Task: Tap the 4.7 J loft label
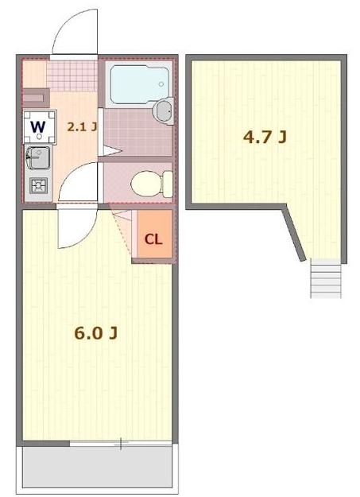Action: [x=265, y=137]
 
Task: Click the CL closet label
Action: [x=153, y=239]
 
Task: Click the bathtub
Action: [x=136, y=83]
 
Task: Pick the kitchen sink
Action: [x=37, y=157]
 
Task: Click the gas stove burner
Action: [x=37, y=186]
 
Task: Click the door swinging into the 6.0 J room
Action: [x=77, y=227]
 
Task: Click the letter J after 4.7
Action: [x=281, y=137]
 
